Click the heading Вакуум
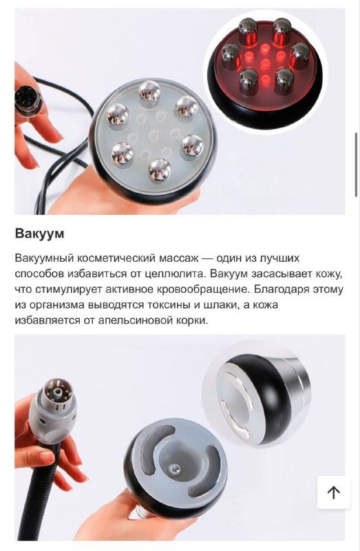coord(39,233)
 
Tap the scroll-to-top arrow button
coord(334,492)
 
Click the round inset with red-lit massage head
coord(265,66)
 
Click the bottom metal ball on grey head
coord(160,169)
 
